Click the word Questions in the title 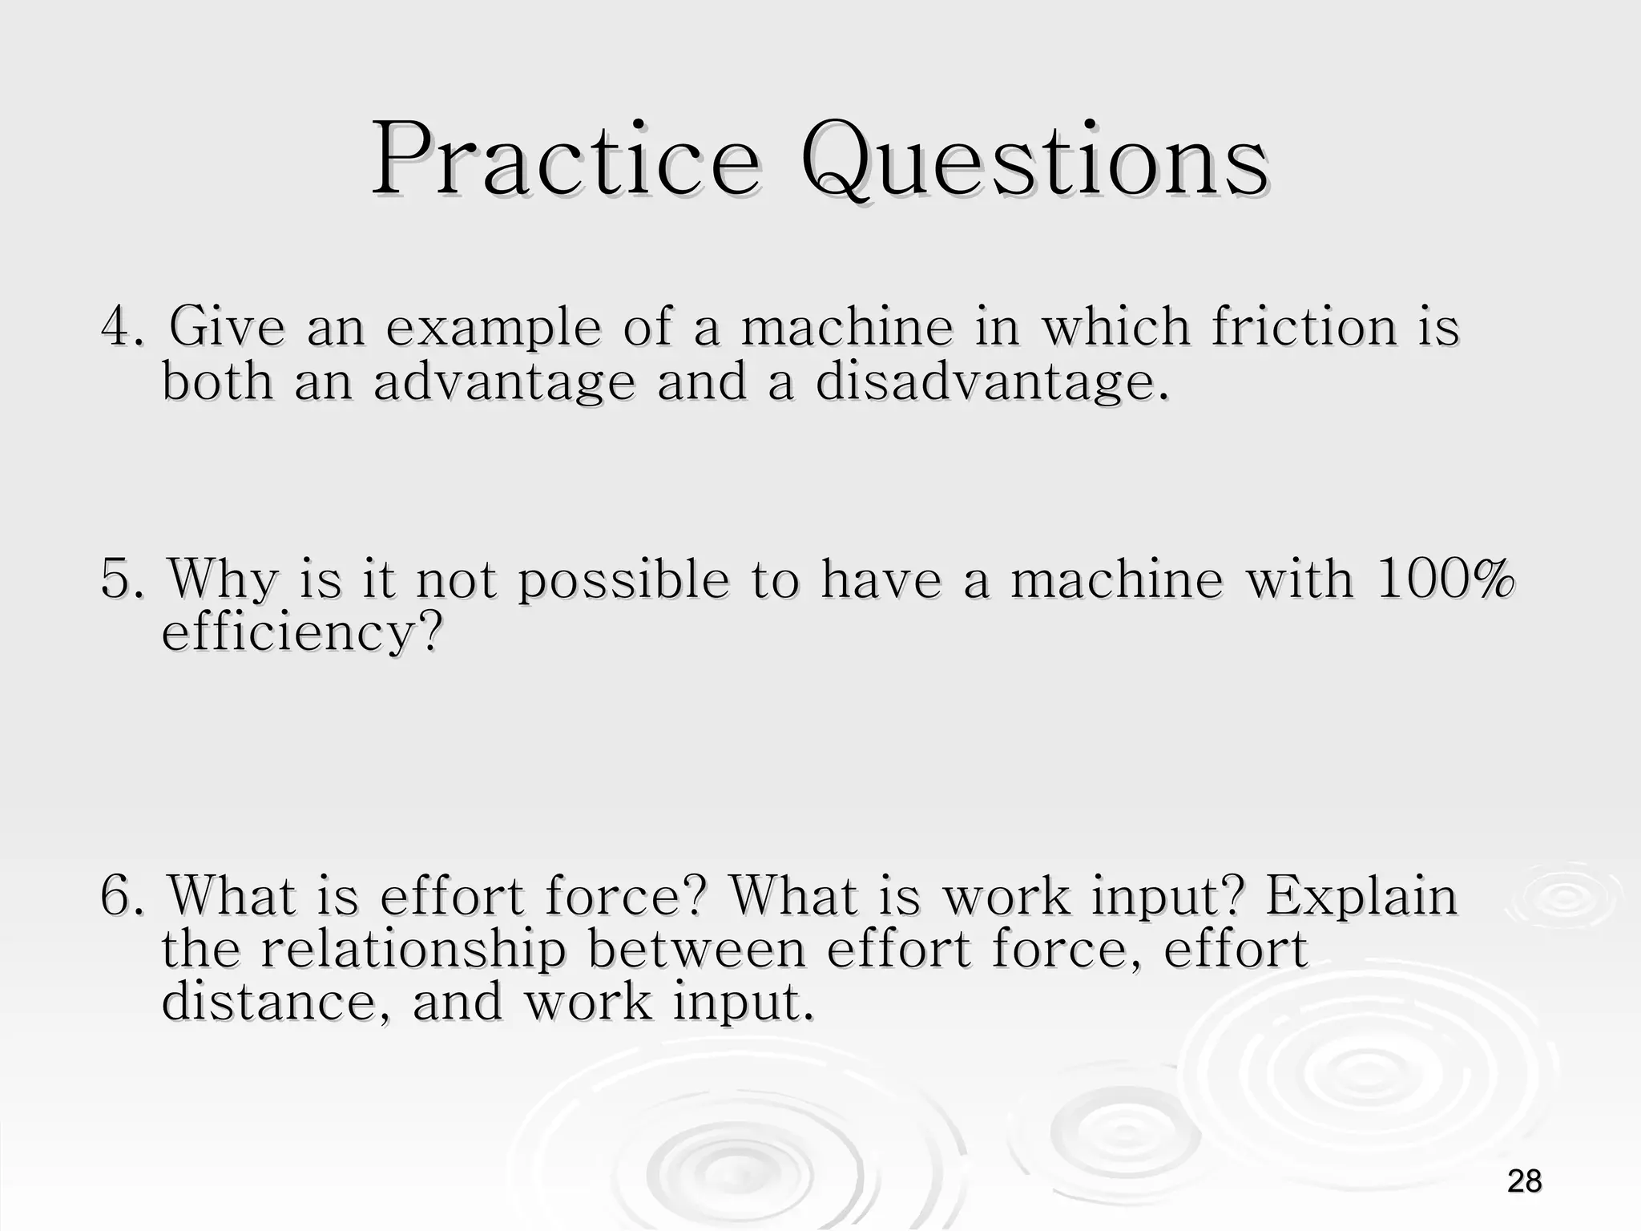coord(1034,161)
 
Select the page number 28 coord(1524,1181)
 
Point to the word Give coord(227,327)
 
